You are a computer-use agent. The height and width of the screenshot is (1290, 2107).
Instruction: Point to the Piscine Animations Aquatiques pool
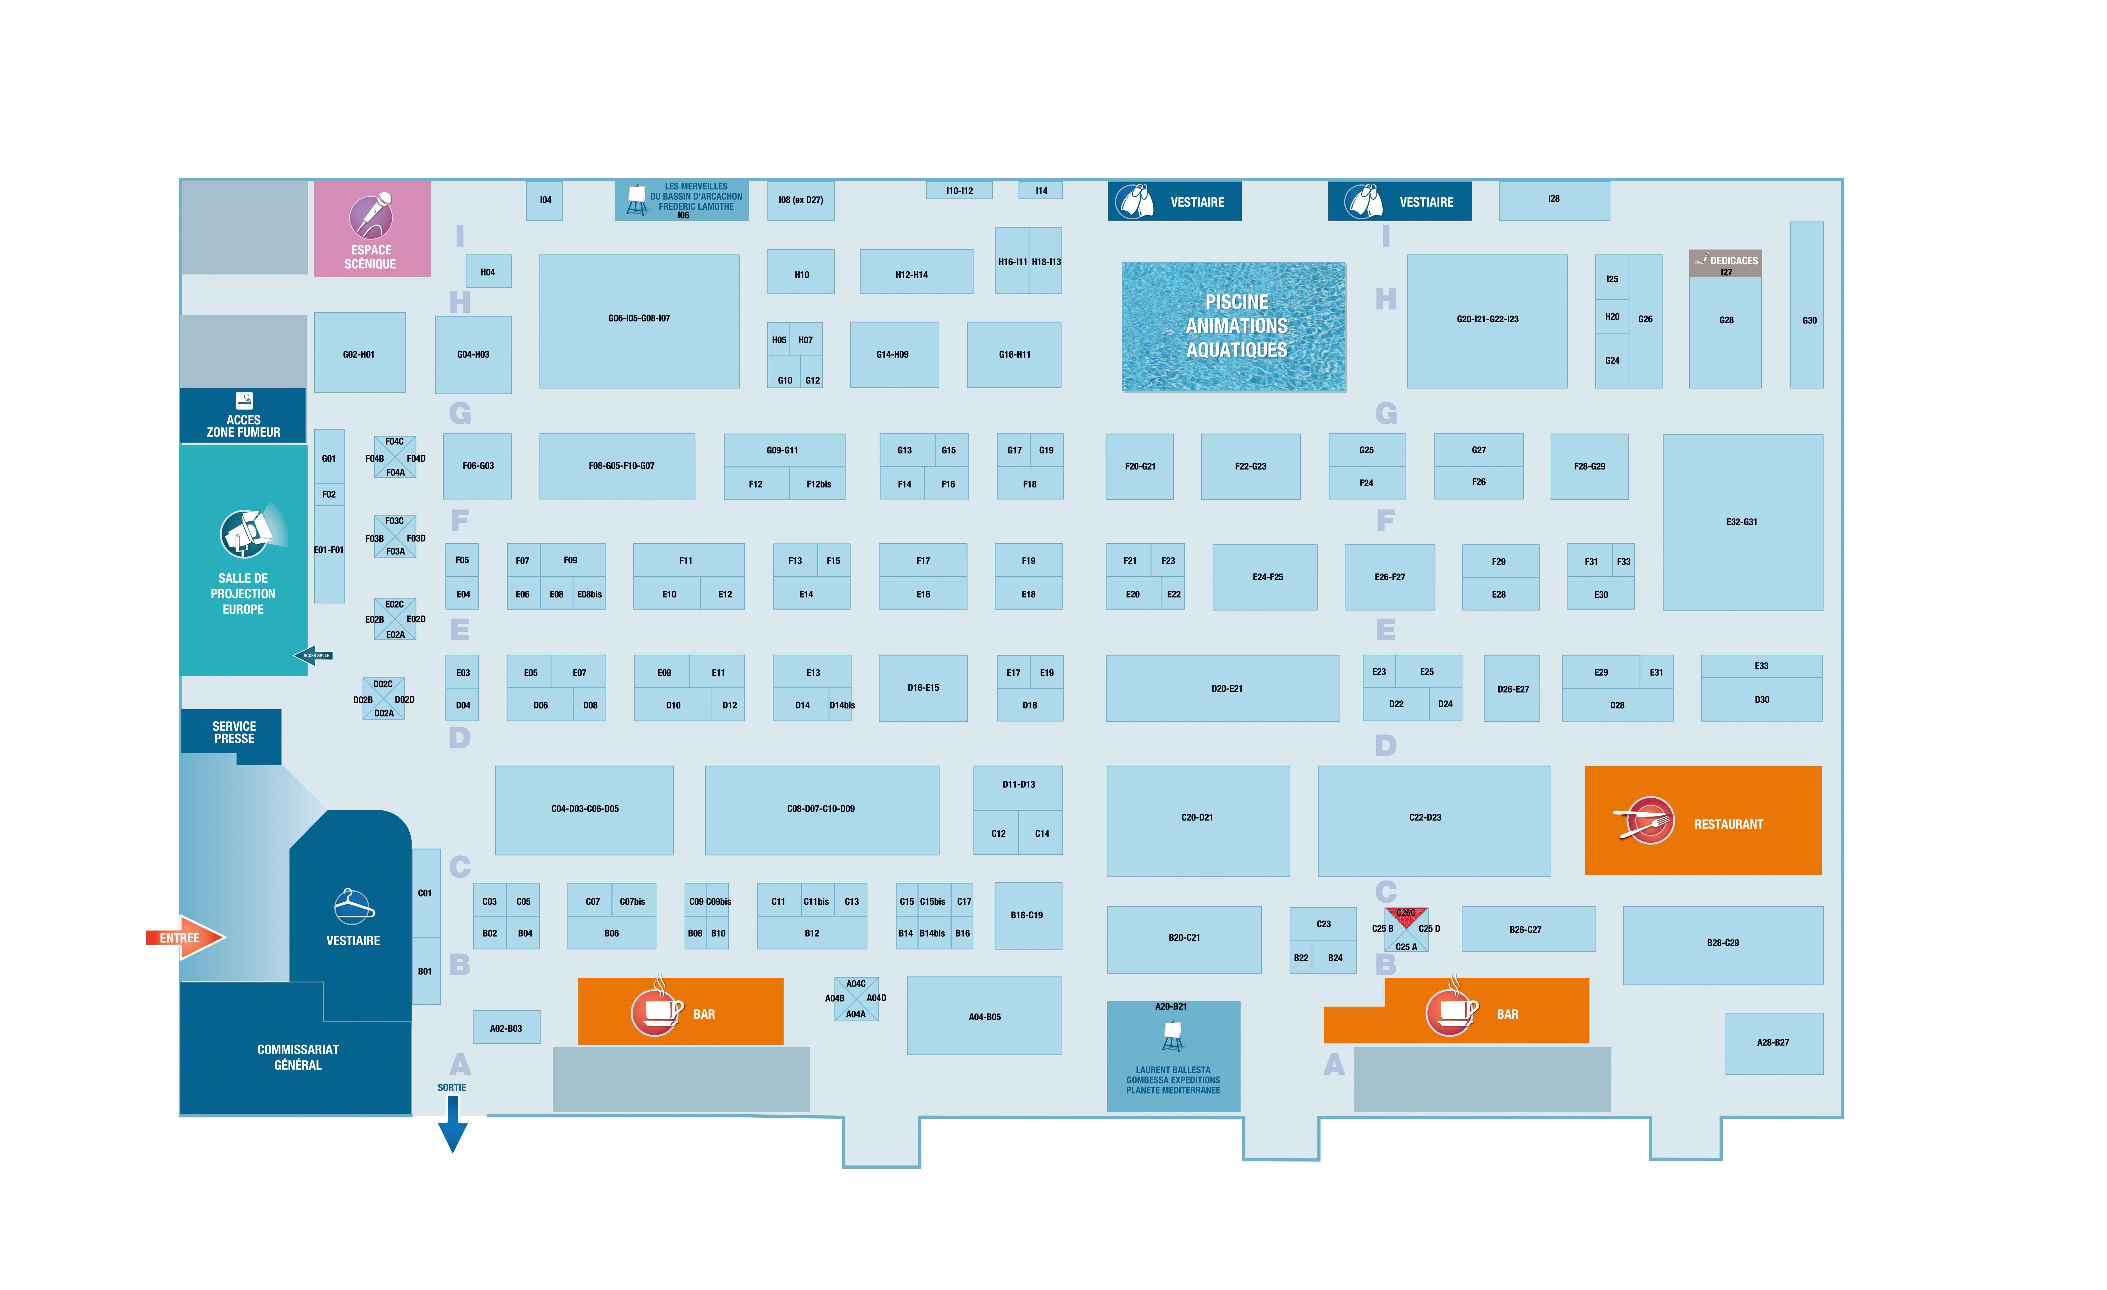click(x=1233, y=327)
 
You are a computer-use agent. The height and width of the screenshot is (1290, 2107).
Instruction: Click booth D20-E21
click(x=1222, y=688)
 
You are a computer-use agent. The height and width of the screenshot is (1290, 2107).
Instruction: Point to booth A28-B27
click(x=1773, y=1043)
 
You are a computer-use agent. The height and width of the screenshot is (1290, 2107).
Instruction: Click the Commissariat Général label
click(x=298, y=1057)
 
